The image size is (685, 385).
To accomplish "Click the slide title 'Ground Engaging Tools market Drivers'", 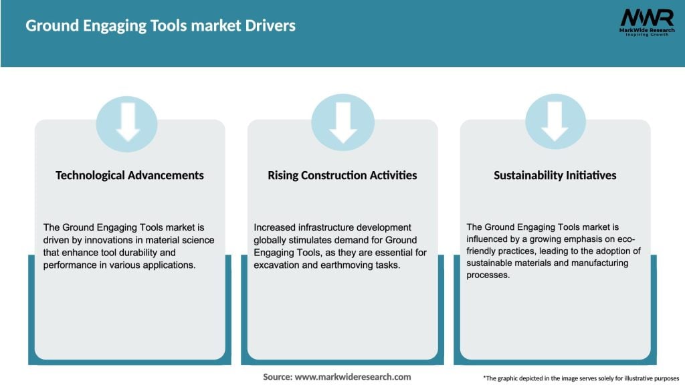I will [x=161, y=25].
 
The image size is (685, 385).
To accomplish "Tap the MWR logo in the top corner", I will [x=646, y=18].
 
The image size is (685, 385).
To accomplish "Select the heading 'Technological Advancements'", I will [x=130, y=175].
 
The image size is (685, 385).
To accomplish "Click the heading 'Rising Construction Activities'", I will [x=342, y=175].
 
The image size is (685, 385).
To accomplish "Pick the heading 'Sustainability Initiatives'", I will [x=555, y=175].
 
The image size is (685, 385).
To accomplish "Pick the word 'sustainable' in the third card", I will [x=494, y=263].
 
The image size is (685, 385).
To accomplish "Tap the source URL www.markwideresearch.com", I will [x=353, y=377].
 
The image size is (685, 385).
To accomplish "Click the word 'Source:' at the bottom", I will [x=278, y=377].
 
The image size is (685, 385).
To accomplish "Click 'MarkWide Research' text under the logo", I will [x=646, y=30].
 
